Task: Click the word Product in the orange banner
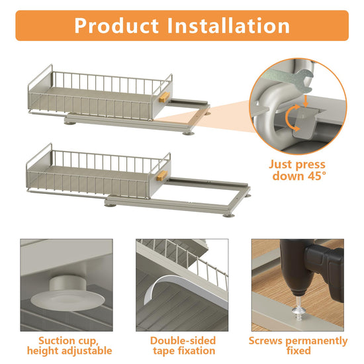[116, 26]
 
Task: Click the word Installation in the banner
[228, 26]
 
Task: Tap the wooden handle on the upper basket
[164, 97]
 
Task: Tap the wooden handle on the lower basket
[161, 175]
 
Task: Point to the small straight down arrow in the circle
[306, 101]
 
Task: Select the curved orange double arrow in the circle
[293, 118]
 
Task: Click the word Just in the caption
[280, 164]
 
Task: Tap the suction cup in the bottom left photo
[68, 294]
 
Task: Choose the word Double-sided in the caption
[183, 341]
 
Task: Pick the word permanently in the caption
[316, 341]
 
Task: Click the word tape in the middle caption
[163, 351]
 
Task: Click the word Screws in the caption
[266, 341]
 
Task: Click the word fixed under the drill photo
[298, 350]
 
